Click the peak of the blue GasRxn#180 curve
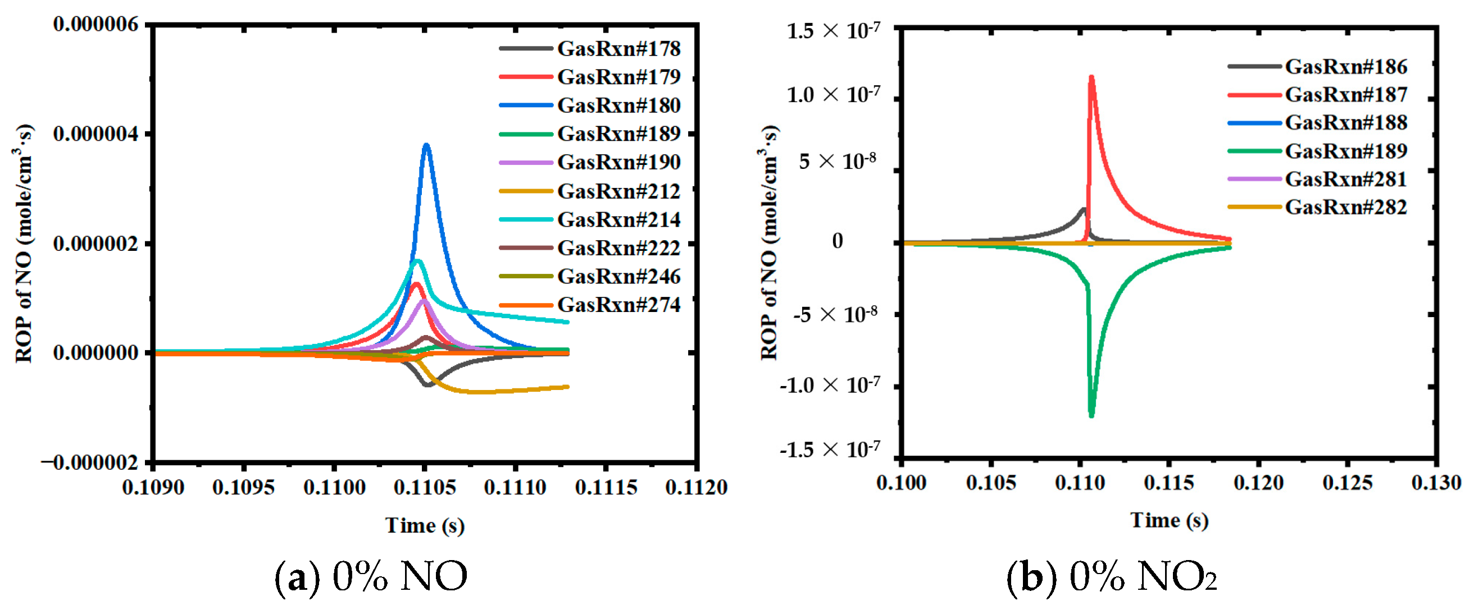tap(426, 145)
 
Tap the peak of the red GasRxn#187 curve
tap(1091, 77)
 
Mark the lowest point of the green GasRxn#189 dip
tap(1091, 415)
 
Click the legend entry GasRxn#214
tap(618, 219)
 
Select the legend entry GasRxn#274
tap(618, 305)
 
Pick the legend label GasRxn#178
tap(618, 49)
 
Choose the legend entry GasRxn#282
tap(1346, 207)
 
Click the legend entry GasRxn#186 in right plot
tap(1346, 67)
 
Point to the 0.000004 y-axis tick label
tap(95, 134)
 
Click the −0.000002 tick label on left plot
tap(90, 462)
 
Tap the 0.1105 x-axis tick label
tap(425, 488)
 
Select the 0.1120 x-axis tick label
tap(696, 488)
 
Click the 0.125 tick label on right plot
tap(1347, 483)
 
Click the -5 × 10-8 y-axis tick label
tap(835, 315)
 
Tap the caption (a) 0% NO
tap(371, 576)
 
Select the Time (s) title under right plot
tap(1168, 520)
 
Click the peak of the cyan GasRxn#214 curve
tap(418, 262)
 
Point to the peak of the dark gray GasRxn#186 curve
tap(1082, 209)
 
